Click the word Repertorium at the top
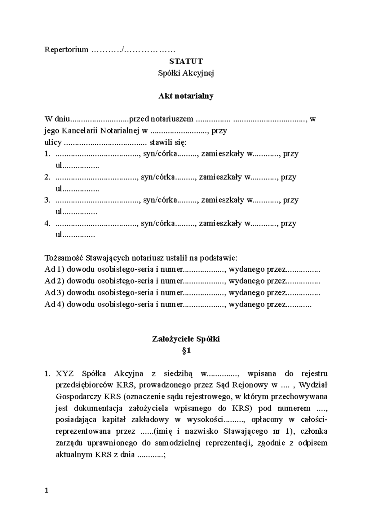tap(66, 50)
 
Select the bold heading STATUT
tap(186, 61)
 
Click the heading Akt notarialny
tap(186, 96)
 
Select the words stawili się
tap(168, 142)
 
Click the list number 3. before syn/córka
tap(47, 200)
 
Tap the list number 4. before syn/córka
tap(47, 223)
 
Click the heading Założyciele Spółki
tap(186, 339)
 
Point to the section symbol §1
tap(186, 351)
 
